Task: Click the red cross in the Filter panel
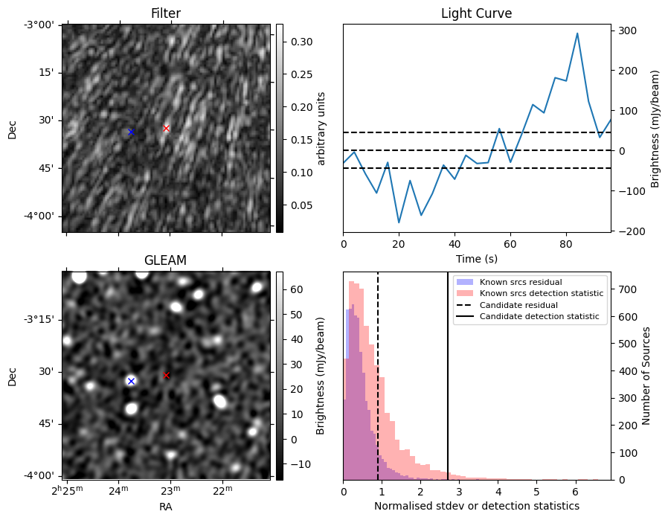click(x=166, y=128)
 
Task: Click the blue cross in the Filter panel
click(x=131, y=132)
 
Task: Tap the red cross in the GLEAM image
click(x=166, y=375)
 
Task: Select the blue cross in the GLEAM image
click(x=131, y=381)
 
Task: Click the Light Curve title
click(x=476, y=13)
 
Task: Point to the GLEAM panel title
click(x=165, y=260)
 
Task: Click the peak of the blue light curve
click(x=577, y=33)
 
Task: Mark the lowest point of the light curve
click(x=399, y=222)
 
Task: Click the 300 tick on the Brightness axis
click(x=628, y=31)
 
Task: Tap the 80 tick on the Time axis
click(x=566, y=244)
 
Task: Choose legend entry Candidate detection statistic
click(x=528, y=316)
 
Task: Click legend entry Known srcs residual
click(x=509, y=282)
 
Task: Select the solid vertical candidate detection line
click(x=448, y=376)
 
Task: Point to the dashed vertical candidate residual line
click(x=378, y=376)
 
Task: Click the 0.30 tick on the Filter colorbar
click(x=301, y=42)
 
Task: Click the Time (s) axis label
click(x=477, y=258)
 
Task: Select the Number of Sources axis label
click(x=646, y=376)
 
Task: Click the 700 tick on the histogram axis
click(x=628, y=289)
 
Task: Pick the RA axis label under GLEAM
click(x=165, y=507)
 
